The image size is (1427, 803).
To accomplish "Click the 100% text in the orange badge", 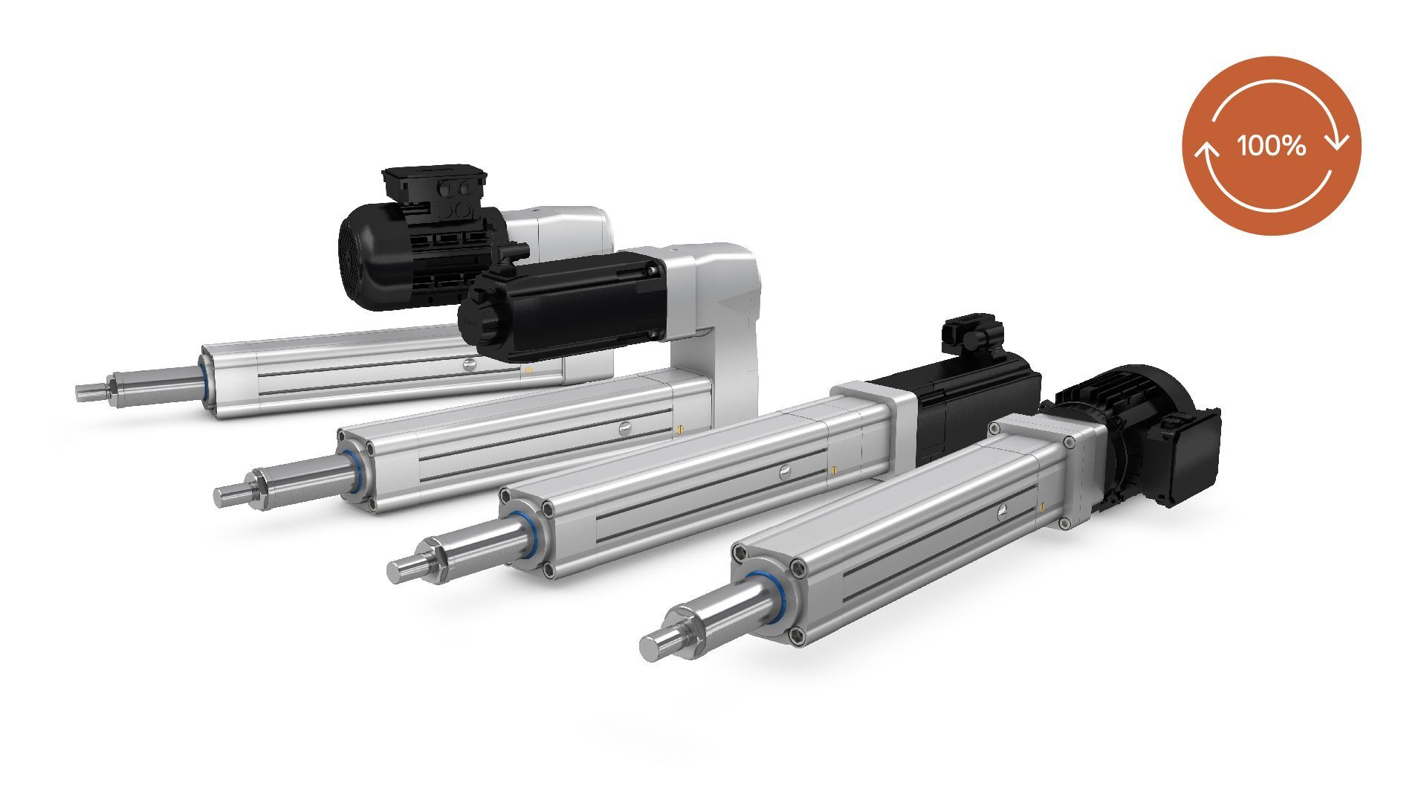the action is (1272, 146).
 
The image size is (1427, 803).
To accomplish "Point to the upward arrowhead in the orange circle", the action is (1206, 152).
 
